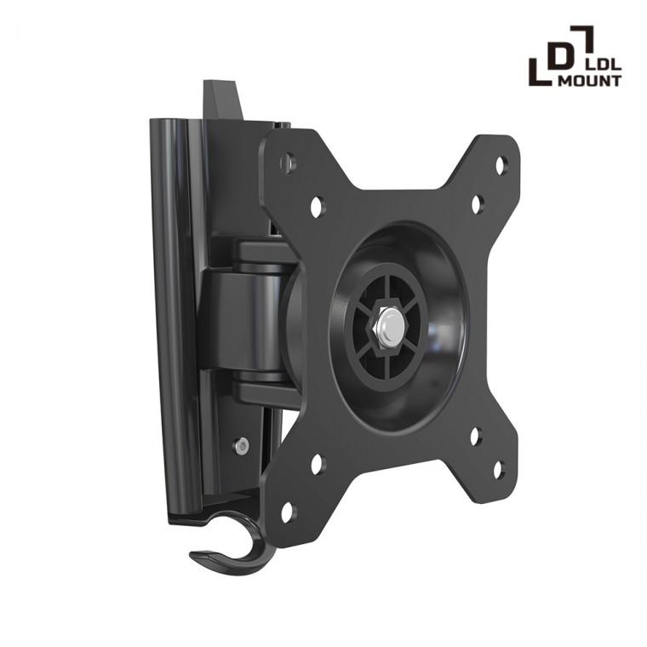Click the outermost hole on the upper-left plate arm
(x=290, y=162)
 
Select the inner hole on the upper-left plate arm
(x=316, y=205)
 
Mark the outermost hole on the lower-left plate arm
(x=287, y=512)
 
